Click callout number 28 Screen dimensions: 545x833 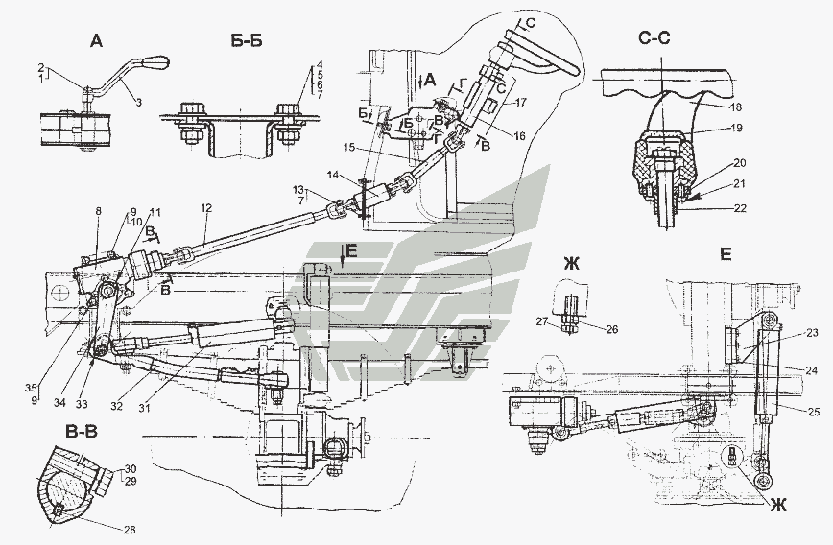pyautogui.click(x=128, y=528)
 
